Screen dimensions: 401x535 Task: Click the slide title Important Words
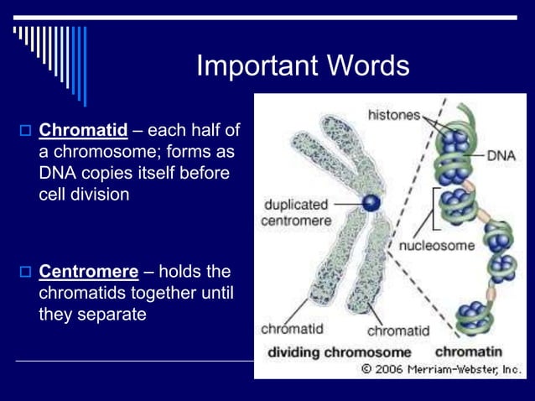click(x=303, y=66)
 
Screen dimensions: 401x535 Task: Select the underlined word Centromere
click(x=89, y=272)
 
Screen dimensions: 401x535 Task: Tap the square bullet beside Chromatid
click(x=24, y=131)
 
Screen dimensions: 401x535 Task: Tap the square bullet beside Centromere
click(x=24, y=273)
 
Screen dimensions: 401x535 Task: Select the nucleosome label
click(x=436, y=247)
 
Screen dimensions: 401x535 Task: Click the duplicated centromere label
click(x=297, y=212)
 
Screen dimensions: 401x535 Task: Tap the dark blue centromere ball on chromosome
click(x=371, y=202)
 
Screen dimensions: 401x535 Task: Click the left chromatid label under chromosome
click(x=292, y=328)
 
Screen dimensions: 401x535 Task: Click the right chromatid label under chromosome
click(x=398, y=331)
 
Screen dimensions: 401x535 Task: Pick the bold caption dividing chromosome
click(x=340, y=352)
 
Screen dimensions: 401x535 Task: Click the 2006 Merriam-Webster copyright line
click(x=441, y=369)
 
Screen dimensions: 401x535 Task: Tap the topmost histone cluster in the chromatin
click(x=455, y=139)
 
